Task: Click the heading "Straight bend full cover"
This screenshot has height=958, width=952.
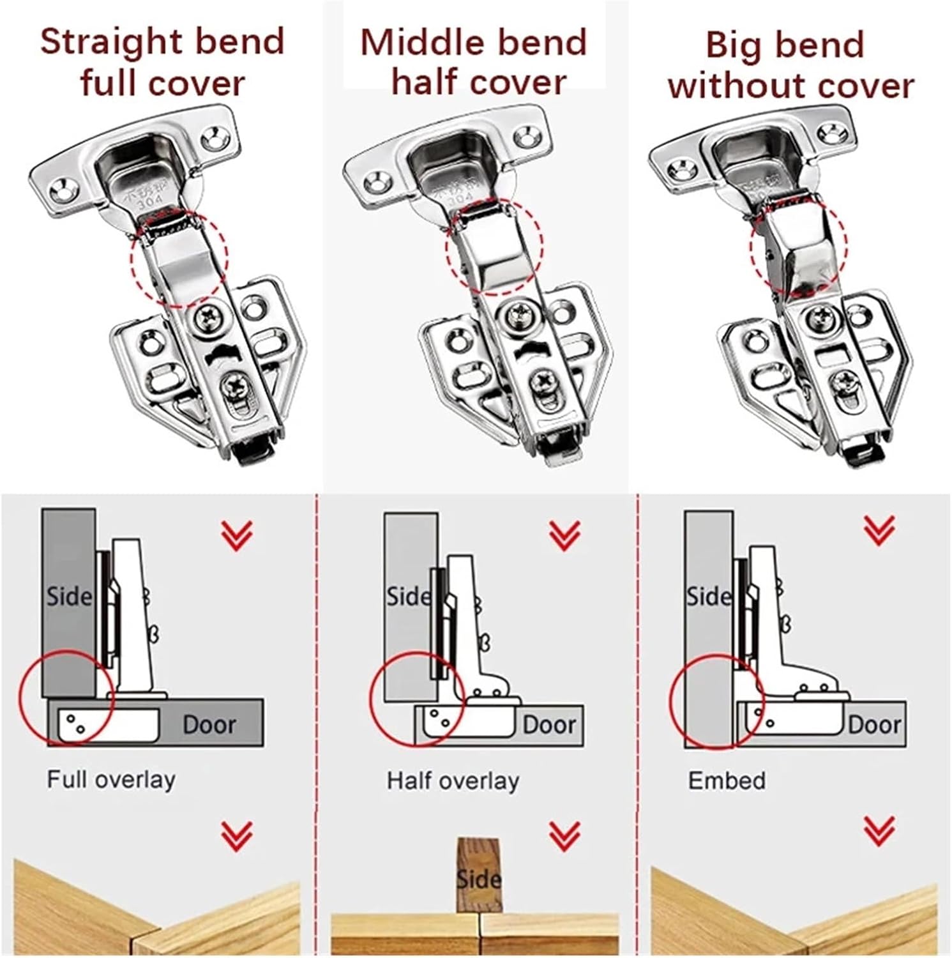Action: [x=162, y=62]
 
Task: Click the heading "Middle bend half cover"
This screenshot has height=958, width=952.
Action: [x=474, y=62]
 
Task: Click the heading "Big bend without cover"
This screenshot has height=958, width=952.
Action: [x=790, y=65]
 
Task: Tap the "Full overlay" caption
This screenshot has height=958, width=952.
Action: [x=111, y=780]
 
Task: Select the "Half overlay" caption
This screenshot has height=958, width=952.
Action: [x=453, y=780]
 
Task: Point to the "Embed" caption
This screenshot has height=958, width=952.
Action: [x=727, y=780]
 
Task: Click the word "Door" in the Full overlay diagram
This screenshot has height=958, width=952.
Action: [x=209, y=725]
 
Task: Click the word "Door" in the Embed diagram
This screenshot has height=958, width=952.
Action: [x=874, y=725]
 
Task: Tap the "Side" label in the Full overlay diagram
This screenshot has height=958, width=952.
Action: [x=69, y=597]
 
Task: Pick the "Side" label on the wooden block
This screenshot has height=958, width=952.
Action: [x=478, y=879]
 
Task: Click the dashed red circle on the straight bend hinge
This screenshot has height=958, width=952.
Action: [x=179, y=259]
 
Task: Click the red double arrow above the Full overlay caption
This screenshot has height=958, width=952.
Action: [x=237, y=535]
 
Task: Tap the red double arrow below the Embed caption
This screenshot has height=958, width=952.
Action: [x=879, y=830]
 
